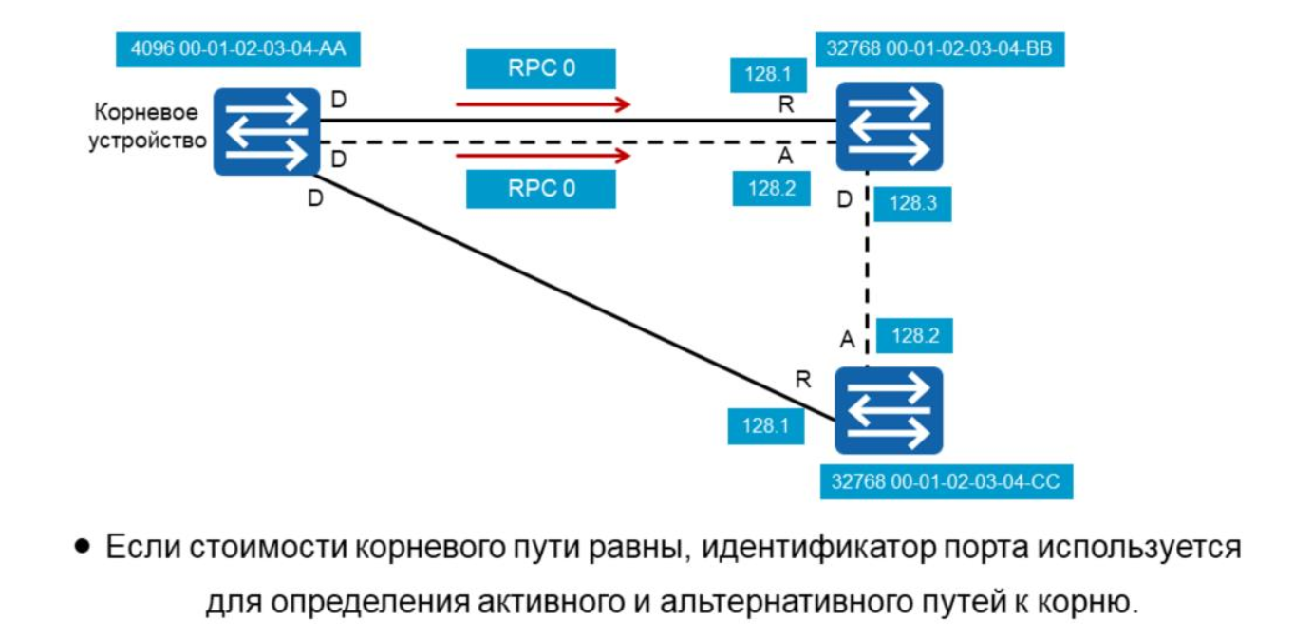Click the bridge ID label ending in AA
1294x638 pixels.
pos(237,49)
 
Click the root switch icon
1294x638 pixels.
pos(266,132)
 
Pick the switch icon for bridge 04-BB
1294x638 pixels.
pos(889,125)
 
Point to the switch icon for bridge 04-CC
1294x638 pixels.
pos(889,410)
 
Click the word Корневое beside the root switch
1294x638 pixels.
pos(146,113)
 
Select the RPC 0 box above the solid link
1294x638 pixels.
pos(541,68)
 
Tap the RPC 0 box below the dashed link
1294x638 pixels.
pos(541,188)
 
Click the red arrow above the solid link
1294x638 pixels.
pos(542,103)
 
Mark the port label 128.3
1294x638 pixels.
pos(912,203)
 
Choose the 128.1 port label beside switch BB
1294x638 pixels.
pos(767,75)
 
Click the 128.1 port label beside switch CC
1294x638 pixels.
pos(765,426)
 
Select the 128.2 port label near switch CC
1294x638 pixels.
pos(914,335)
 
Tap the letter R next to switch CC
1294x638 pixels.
pos(803,380)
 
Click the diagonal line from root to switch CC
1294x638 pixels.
pos(570,296)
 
